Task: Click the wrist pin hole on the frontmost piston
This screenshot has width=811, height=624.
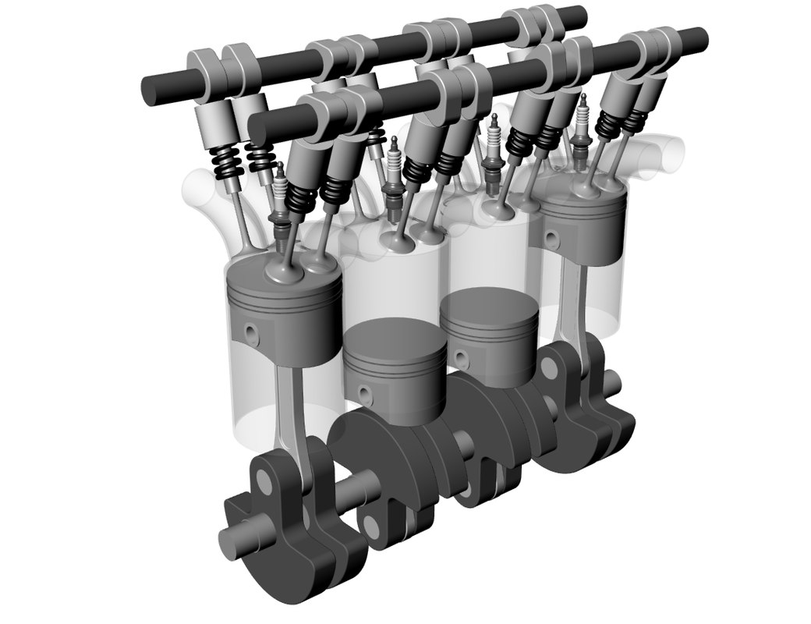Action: [250, 332]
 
